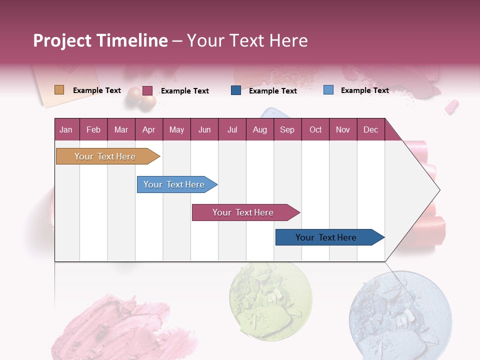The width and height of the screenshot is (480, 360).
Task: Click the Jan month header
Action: [x=66, y=129]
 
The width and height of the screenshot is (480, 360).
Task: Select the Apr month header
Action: [x=148, y=129]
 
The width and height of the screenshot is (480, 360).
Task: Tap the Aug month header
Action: [x=259, y=129]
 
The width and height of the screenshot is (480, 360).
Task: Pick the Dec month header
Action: [x=370, y=129]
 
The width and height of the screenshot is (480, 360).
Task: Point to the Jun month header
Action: [x=204, y=129]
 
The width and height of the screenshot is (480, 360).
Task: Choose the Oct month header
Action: [x=315, y=129]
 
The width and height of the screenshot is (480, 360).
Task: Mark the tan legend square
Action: [x=59, y=90]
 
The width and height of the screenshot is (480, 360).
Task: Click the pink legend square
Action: [x=147, y=90]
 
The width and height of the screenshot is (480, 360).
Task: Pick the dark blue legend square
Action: [x=235, y=90]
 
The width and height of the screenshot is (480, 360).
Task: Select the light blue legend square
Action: [x=328, y=90]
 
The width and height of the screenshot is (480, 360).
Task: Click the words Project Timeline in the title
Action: [x=100, y=40]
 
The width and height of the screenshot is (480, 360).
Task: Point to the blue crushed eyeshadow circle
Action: [x=399, y=315]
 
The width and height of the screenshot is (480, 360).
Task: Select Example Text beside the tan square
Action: [x=97, y=90]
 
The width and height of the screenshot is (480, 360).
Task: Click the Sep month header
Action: [x=287, y=129]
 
